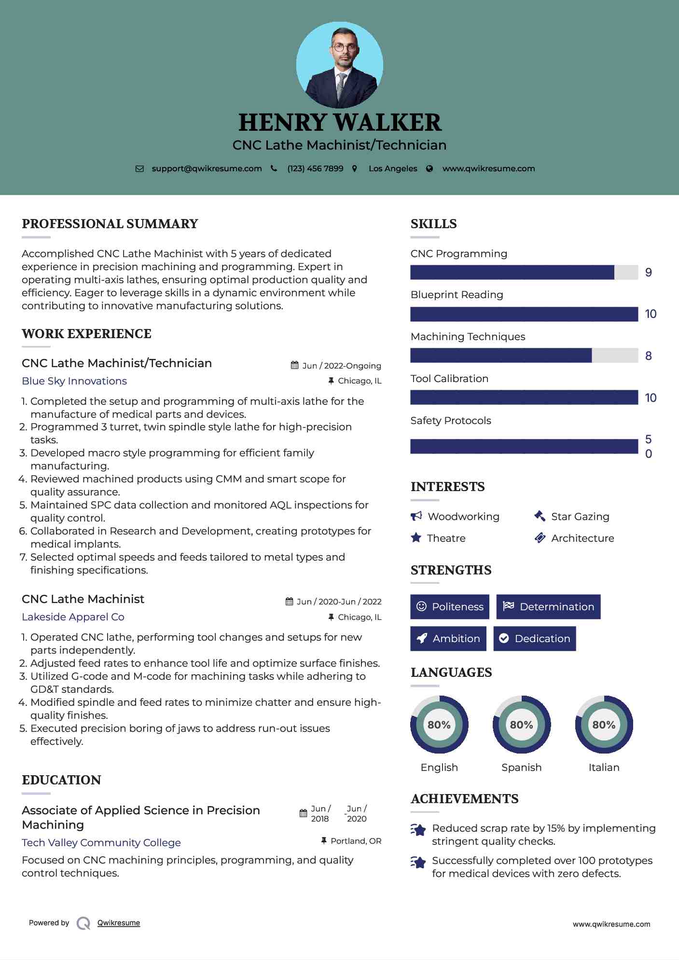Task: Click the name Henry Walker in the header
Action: [x=340, y=123]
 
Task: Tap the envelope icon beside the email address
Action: [x=139, y=169]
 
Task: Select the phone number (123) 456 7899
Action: [x=315, y=169]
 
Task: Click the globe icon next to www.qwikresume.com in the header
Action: [x=430, y=169]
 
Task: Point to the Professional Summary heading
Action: [x=110, y=224]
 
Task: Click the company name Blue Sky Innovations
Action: [x=74, y=381]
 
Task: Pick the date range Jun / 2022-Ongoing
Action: [x=342, y=366]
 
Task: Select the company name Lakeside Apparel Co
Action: [x=73, y=617]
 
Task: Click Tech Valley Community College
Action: [x=101, y=843]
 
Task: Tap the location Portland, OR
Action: [x=356, y=841]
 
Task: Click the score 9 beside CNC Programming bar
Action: [x=649, y=273]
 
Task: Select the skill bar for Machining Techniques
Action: [x=524, y=356]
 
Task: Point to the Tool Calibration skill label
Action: [x=449, y=379]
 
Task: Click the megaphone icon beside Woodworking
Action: [x=416, y=516]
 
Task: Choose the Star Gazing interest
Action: [x=580, y=517]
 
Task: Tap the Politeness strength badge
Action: [x=450, y=607]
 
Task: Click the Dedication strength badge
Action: [x=535, y=639]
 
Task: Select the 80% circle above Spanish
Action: [x=521, y=725]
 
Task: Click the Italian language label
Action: [x=604, y=768]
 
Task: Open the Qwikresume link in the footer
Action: [x=119, y=923]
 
